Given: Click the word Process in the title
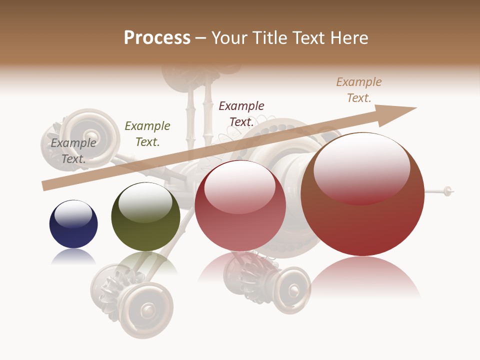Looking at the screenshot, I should click(x=157, y=38).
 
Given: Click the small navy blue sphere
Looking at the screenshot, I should click(x=73, y=224).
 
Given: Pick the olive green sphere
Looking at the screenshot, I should click(x=145, y=217).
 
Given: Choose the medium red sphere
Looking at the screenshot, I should click(x=240, y=206).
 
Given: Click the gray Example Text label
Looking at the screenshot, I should click(x=73, y=151).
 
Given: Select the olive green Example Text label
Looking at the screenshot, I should click(x=147, y=134).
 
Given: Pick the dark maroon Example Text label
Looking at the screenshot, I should click(x=241, y=114).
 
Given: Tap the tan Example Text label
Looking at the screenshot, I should click(x=359, y=90).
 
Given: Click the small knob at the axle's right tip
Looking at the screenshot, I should click(x=448, y=190).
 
